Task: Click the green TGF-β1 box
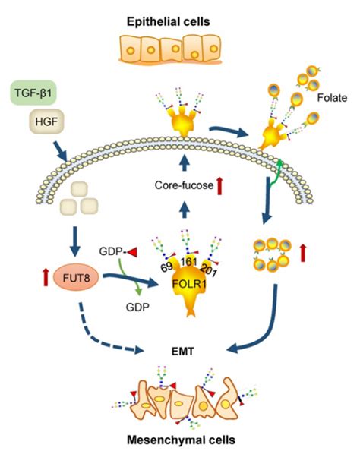pos(36,94)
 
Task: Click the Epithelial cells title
pos(178,15)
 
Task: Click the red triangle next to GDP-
pos(131,251)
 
